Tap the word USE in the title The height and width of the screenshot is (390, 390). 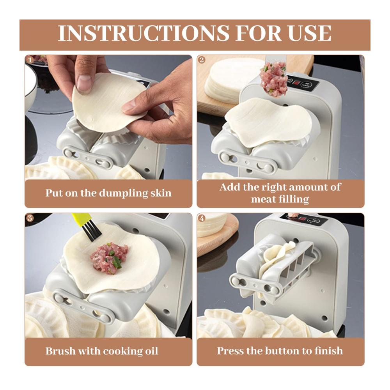click(309, 33)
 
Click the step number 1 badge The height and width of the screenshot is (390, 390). click(30, 60)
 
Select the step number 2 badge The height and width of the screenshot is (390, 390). click(202, 60)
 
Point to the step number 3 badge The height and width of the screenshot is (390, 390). click(30, 218)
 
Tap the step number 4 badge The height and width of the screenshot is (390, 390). click(202, 218)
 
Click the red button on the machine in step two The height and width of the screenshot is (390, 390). click(296, 83)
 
